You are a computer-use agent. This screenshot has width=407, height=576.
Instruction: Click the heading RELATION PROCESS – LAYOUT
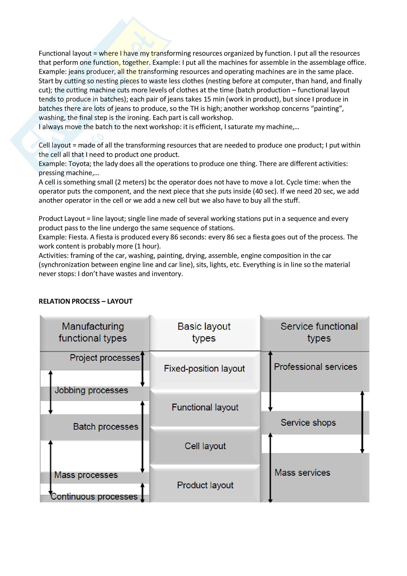(x=85, y=301)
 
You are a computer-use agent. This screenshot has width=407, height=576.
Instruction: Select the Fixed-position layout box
(x=204, y=369)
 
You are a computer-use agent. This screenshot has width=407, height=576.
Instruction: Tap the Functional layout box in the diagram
(x=205, y=407)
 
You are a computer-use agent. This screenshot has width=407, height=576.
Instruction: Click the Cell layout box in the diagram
(x=205, y=446)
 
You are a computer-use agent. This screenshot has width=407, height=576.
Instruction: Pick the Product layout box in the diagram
(x=205, y=485)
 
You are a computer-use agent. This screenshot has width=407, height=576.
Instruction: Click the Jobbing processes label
(x=91, y=390)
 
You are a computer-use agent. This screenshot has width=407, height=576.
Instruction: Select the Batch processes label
(x=106, y=427)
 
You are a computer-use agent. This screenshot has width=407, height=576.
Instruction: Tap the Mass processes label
(x=86, y=475)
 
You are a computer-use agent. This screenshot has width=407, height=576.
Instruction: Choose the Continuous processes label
(x=94, y=497)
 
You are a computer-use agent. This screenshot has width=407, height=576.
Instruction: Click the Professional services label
(x=315, y=367)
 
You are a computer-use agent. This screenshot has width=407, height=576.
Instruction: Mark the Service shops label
(x=308, y=423)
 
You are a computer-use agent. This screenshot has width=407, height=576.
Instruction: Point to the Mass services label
(x=302, y=473)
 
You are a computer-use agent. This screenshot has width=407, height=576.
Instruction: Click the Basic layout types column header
(x=204, y=332)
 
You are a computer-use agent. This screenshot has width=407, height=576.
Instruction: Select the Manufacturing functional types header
(x=93, y=332)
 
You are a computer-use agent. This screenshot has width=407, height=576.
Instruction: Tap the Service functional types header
(x=319, y=332)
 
